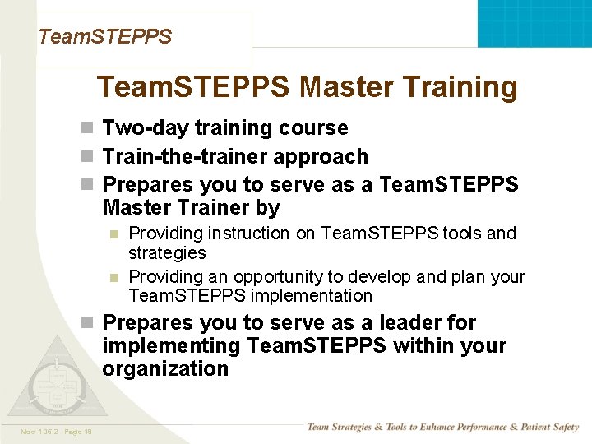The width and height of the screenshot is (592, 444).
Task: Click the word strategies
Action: [x=167, y=253]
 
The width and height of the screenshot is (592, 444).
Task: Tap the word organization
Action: [x=165, y=368]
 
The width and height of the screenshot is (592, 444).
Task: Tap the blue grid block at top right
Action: [x=534, y=23]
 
